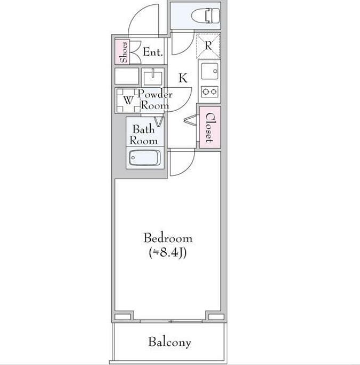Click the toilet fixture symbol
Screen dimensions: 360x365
click(x=206, y=15)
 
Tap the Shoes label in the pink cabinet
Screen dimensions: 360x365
click(x=124, y=52)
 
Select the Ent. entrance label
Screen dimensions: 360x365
click(x=153, y=52)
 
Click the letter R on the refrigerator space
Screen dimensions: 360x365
click(x=208, y=45)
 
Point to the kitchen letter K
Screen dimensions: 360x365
click(x=183, y=78)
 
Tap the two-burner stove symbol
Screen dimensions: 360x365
click(x=210, y=92)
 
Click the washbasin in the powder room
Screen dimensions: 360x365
click(x=153, y=77)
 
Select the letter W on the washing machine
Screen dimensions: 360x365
click(x=128, y=101)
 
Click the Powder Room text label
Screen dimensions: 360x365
click(x=155, y=100)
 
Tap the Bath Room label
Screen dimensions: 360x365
click(x=144, y=135)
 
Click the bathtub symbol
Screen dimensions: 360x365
click(x=144, y=157)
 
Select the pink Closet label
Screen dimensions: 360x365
click(x=209, y=128)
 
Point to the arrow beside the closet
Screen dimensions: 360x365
click(x=190, y=120)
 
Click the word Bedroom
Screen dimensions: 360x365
click(x=168, y=238)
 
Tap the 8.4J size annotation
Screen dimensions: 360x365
click(x=168, y=253)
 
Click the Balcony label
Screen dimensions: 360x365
click(x=170, y=343)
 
